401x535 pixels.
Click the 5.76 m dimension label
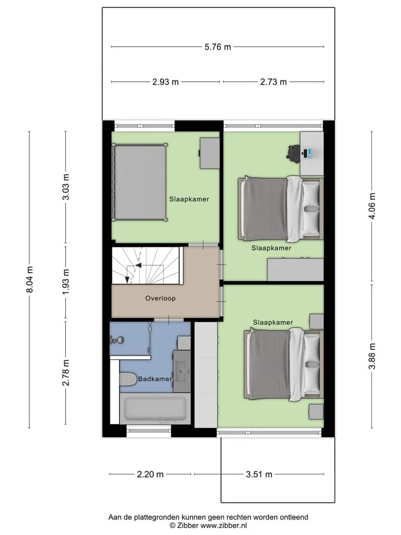pyautogui.click(x=218, y=47)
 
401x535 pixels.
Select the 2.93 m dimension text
pyautogui.click(x=165, y=82)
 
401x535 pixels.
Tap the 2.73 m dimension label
pyautogui.click(x=273, y=82)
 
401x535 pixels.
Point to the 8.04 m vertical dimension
pyautogui.click(x=30, y=279)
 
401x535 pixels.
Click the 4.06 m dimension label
pyautogui.click(x=372, y=206)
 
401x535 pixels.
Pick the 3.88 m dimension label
pyautogui.click(x=372, y=356)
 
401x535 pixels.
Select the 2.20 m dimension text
pyautogui.click(x=150, y=474)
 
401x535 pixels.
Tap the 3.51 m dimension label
pyautogui.click(x=259, y=474)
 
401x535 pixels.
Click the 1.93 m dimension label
pyautogui.click(x=66, y=282)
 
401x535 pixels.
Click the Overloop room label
pyautogui.click(x=160, y=298)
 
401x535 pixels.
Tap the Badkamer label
pyautogui.click(x=155, y=379)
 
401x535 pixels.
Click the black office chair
pyautogui.click(x=294, y=152)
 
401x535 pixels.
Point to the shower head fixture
pyautogui.click(x=116, y=340)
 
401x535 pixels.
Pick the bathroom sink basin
pyautogui.click(x=182, y=371)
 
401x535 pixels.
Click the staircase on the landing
pyautogui.click(x=146, y=265)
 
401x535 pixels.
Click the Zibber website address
pyautogui.click(x=223, y=526)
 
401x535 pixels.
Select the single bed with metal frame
pyautogui.click(x=140, y=182)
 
